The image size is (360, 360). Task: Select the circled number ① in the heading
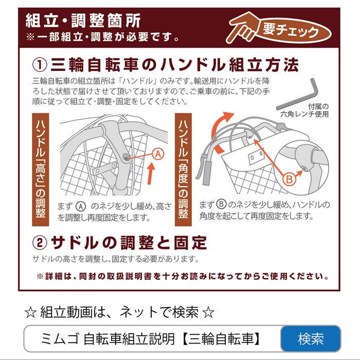pyautogui.click(x=40, y=65)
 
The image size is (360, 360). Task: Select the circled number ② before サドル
pyautogui.click(x=40, y=242)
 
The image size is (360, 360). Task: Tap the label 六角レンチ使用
pyautogui.click(x=309, y=115)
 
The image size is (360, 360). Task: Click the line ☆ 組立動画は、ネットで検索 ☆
pyautogui.click(x=118, y=312)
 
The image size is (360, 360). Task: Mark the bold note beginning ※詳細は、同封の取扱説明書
pyautogui.click(x=183, y=276)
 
